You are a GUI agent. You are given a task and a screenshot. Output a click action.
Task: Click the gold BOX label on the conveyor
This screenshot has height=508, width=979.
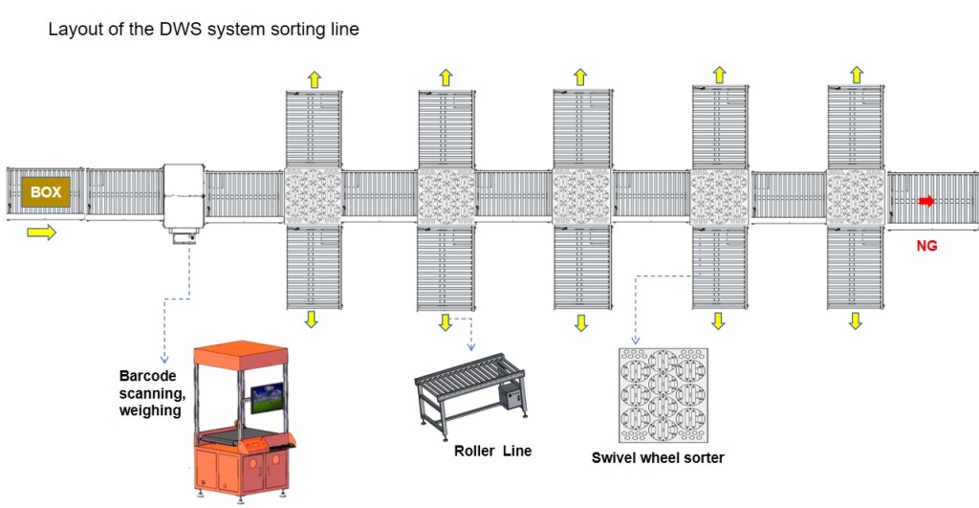pos(45,192)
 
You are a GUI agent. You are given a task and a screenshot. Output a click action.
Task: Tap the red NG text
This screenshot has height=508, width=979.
pos(926,246)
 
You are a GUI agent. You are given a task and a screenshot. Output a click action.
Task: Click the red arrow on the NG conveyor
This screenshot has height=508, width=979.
pos(926,201)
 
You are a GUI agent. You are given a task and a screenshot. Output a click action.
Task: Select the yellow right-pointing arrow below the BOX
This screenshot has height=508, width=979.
pos(41,233)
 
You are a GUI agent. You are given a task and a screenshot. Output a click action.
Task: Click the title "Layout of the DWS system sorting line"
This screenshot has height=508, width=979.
pos(204,30)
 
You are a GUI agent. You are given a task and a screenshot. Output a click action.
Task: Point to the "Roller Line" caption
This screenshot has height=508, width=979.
pos(492,451)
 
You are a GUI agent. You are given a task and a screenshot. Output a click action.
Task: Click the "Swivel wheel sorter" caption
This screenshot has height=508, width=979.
pos(658,457)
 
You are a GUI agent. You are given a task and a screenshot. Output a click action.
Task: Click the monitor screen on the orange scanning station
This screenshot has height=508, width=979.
pos(267,397)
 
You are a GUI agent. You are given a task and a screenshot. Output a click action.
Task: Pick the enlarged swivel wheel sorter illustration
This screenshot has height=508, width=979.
pos(664,395)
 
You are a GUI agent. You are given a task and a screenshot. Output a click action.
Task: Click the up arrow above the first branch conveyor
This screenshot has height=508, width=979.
pos(314,77)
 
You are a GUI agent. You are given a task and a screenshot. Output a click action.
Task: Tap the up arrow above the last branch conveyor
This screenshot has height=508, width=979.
pos(857,74)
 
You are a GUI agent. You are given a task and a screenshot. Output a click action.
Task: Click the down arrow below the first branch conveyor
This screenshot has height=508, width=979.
pos(311,320)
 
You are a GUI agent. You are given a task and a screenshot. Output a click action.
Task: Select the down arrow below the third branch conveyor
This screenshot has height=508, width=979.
pos(581,322)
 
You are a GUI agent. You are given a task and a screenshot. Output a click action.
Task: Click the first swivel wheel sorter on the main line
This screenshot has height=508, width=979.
pos(314,198)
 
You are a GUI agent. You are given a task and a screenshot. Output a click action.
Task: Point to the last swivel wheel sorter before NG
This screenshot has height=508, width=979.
pos(856,198)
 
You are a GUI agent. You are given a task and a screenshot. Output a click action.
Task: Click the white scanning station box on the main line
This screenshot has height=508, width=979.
pos(184,197)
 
